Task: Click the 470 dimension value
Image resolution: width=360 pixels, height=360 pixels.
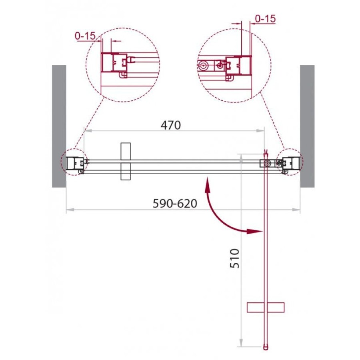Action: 170,125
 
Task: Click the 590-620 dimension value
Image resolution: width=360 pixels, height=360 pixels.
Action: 175,204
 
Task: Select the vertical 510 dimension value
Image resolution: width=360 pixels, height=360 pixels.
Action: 235,258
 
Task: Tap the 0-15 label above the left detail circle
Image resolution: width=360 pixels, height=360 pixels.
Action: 85,36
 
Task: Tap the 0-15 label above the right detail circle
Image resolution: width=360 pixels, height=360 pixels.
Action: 265,19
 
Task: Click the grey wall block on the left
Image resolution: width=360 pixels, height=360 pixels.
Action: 59,126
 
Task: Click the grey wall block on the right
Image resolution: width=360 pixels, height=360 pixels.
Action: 307,126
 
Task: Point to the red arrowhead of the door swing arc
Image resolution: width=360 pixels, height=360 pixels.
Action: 254,231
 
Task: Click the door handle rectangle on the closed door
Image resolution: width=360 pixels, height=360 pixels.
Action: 126,161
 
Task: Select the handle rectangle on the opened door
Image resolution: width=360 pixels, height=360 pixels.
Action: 266,308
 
